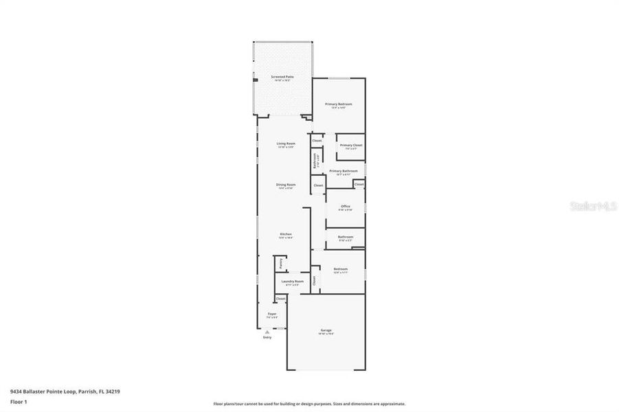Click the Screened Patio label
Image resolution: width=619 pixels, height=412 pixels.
pos(281,77)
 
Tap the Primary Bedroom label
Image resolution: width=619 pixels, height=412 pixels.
pos(338,104)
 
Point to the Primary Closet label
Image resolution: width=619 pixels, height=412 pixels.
pos(350,145)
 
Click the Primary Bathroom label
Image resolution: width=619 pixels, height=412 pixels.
pos(344,171)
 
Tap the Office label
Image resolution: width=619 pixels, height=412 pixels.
pos(345,206)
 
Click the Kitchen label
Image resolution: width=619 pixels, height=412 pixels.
pos(286,234)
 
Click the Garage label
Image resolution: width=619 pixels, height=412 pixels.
pos(326,330)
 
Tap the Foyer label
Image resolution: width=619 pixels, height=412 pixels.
pos(272,314)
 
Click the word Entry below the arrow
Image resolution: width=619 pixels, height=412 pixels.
pos(267,337)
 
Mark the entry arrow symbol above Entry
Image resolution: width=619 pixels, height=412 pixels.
pos(267,332)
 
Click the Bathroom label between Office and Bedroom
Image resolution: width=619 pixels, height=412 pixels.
pos(345,237)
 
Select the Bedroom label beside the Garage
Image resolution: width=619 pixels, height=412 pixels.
pos(341,268)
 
